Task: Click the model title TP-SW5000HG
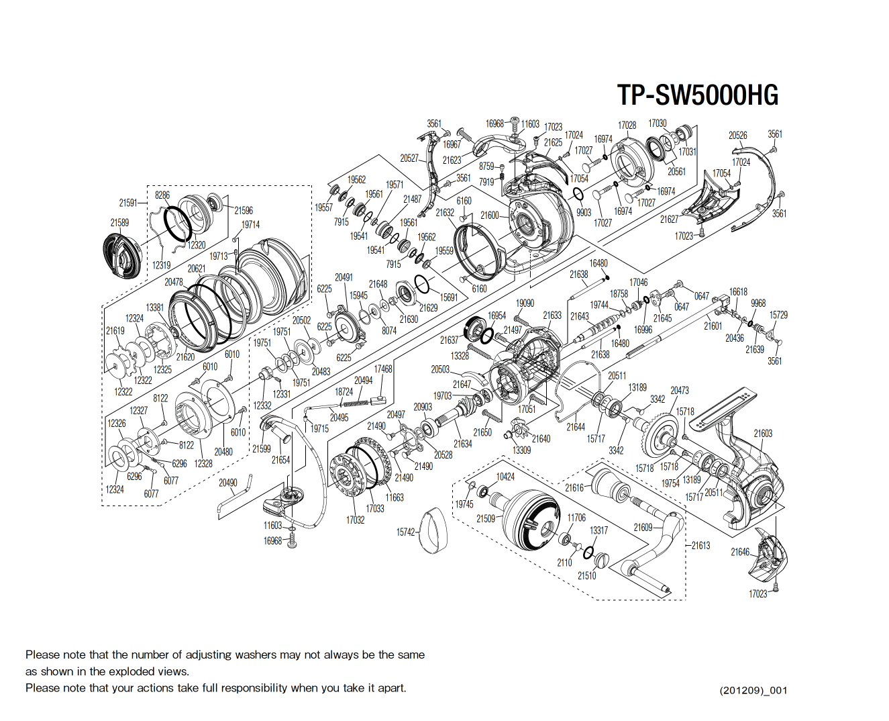(x=697, y=95)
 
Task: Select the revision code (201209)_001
(x=753, y=690)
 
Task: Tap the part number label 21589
(x=119, y=222)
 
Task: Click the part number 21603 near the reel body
(x=762, y=434)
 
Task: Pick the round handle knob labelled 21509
(x=530, y=521)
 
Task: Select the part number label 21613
(x=700, y=545)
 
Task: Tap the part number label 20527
(x=409, y=158)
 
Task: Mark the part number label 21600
(x=490, y=215)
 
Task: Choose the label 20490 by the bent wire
(x=228, y=483)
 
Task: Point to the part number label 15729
(x=778, y=315)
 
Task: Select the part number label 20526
(x=737, y=136)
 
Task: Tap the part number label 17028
(x=627, y=126)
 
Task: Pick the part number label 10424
(x=505, y=477)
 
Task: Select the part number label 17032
(x=355, y=520)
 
